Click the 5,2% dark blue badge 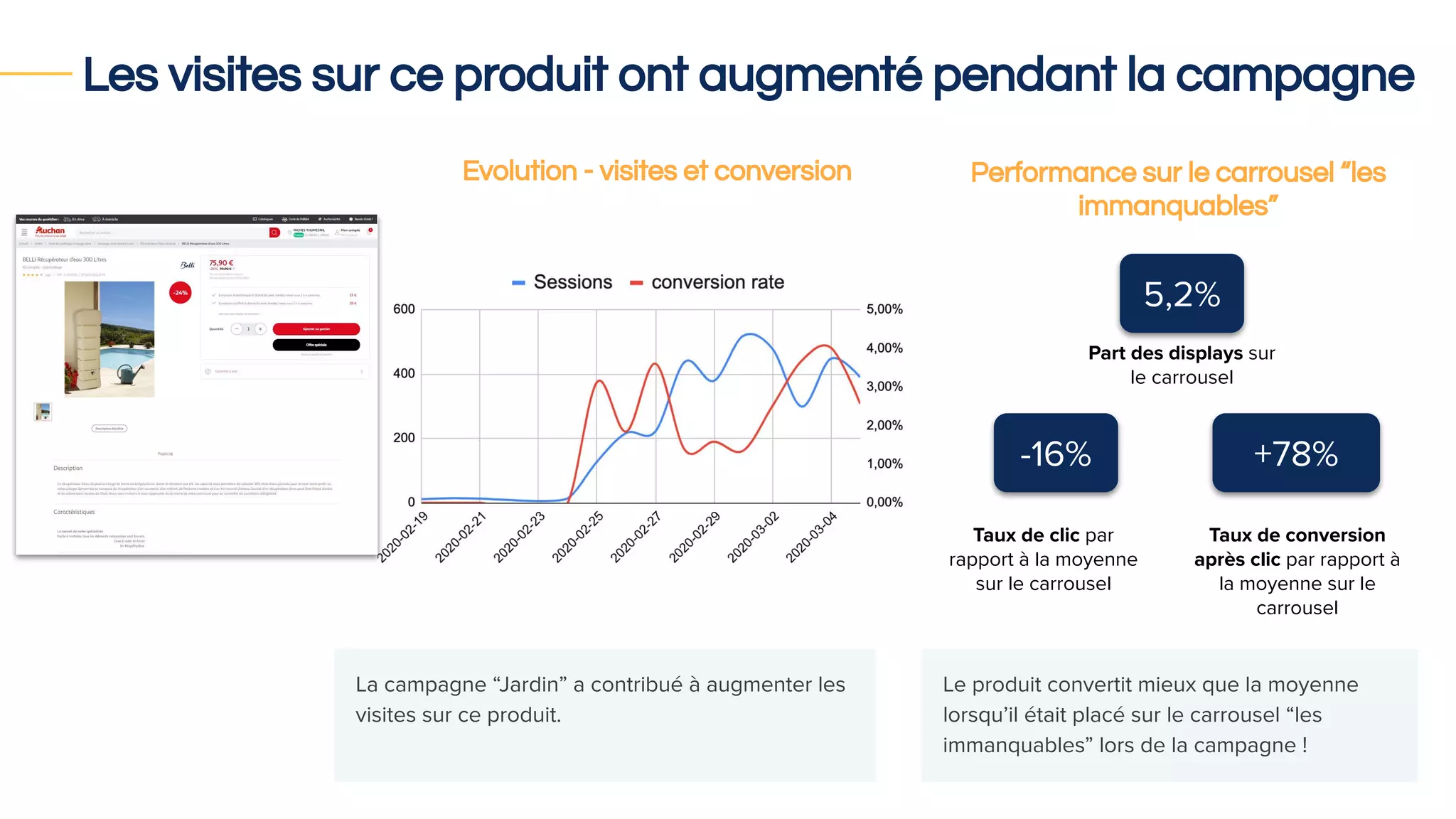[1181, 294]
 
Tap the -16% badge [1055, 453]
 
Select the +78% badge [1295, 453]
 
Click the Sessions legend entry [562, 282]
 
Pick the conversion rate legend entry [707, 282]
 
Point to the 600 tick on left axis [404, 309]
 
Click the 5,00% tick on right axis [884, 309]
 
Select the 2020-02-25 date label [577, 537]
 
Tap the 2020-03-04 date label [811, 537]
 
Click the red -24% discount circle [181, 293]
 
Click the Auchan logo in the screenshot [50, 231]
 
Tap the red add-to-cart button [316, 329]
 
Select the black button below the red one [316, 345]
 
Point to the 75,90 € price [221, 263]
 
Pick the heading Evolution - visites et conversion [656, 171]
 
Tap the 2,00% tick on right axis [884, 425]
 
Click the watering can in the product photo [128, 373]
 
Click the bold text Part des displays [1165, 353]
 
